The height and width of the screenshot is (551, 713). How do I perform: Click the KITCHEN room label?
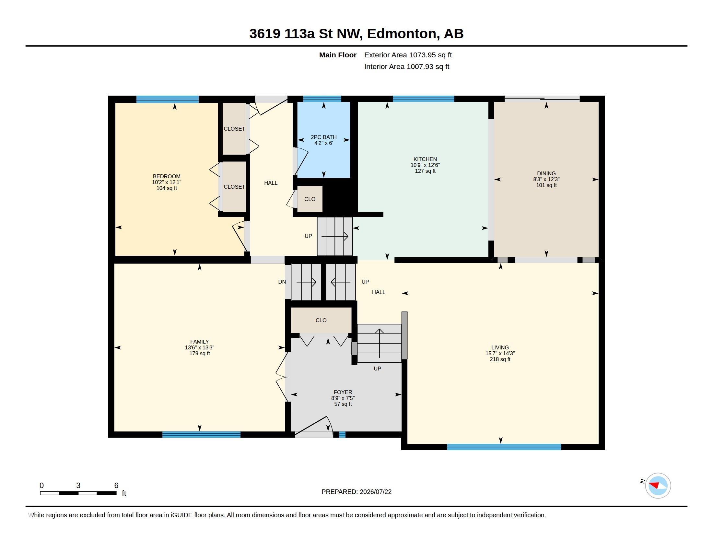(425, 159)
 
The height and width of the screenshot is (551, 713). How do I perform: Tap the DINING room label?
(546, 173)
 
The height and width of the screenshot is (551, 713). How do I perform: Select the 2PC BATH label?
(323, 137)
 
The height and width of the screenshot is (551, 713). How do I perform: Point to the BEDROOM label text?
(167, 176)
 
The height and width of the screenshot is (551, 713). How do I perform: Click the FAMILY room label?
(199, 342)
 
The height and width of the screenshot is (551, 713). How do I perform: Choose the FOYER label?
(343, 393)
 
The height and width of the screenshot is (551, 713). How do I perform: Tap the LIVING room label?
(500, 348)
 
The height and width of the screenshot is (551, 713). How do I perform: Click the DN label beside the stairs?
(282, 282)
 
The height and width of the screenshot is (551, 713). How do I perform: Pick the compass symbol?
(658, 486)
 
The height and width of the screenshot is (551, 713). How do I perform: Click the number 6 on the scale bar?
(116, 486)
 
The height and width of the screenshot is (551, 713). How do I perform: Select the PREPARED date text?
(356, 492)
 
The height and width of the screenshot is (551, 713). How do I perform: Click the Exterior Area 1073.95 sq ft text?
(408, 55)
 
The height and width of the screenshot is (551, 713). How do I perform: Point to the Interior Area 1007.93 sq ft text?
(407, 66)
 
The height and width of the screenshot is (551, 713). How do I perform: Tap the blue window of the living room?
(504, 447)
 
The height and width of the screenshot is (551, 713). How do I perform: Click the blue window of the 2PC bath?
(322, 99)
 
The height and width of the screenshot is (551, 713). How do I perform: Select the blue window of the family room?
(202, 434)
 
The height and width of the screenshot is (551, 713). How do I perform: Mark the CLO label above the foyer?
(321, 320)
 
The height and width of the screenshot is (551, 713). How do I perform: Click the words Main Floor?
(338, 55)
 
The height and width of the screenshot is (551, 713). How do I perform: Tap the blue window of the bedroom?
(168, 99)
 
